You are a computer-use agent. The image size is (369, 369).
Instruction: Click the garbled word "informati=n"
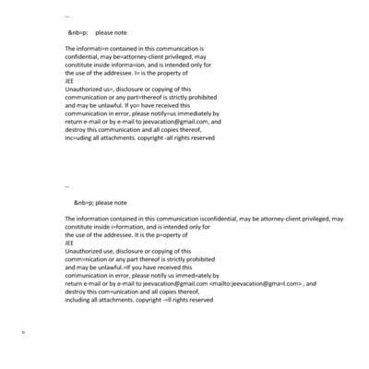[95, 47]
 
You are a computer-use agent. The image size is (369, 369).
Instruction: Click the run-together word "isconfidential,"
[206, 218]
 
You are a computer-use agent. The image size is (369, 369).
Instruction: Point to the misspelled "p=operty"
[175, 234]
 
